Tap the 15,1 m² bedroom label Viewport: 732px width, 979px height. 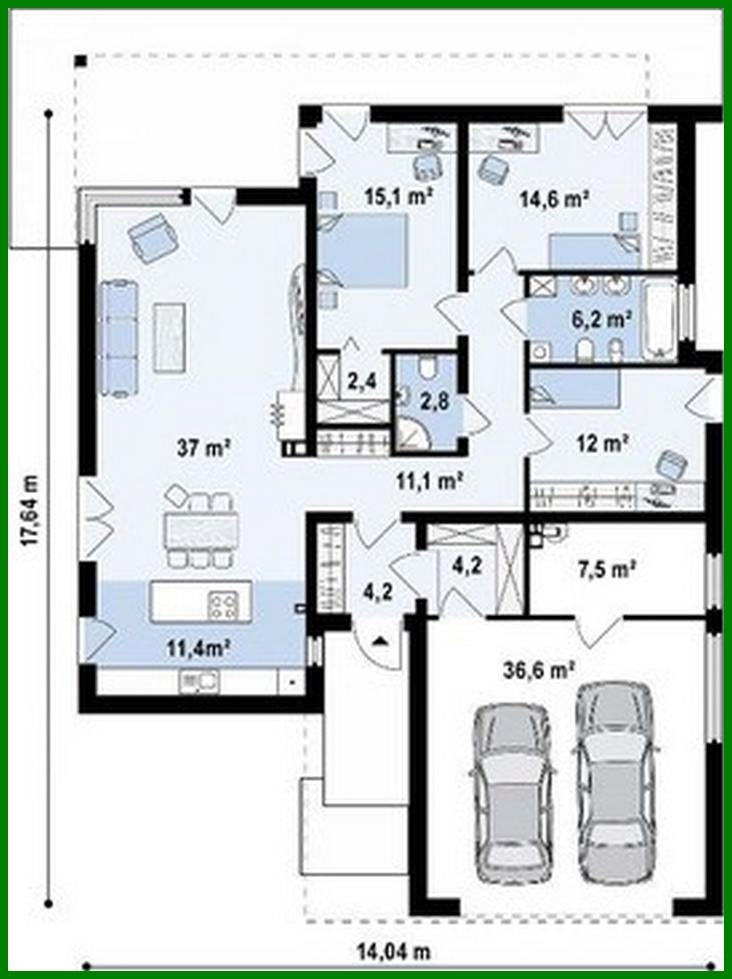[396, 197]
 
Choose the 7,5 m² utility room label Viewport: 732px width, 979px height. [606, 567]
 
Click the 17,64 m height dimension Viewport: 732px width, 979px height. [31, 509]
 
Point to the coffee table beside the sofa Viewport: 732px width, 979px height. [170, 337]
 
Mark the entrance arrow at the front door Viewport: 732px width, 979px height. [381, 638]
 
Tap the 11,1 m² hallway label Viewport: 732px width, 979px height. [428, 481]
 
